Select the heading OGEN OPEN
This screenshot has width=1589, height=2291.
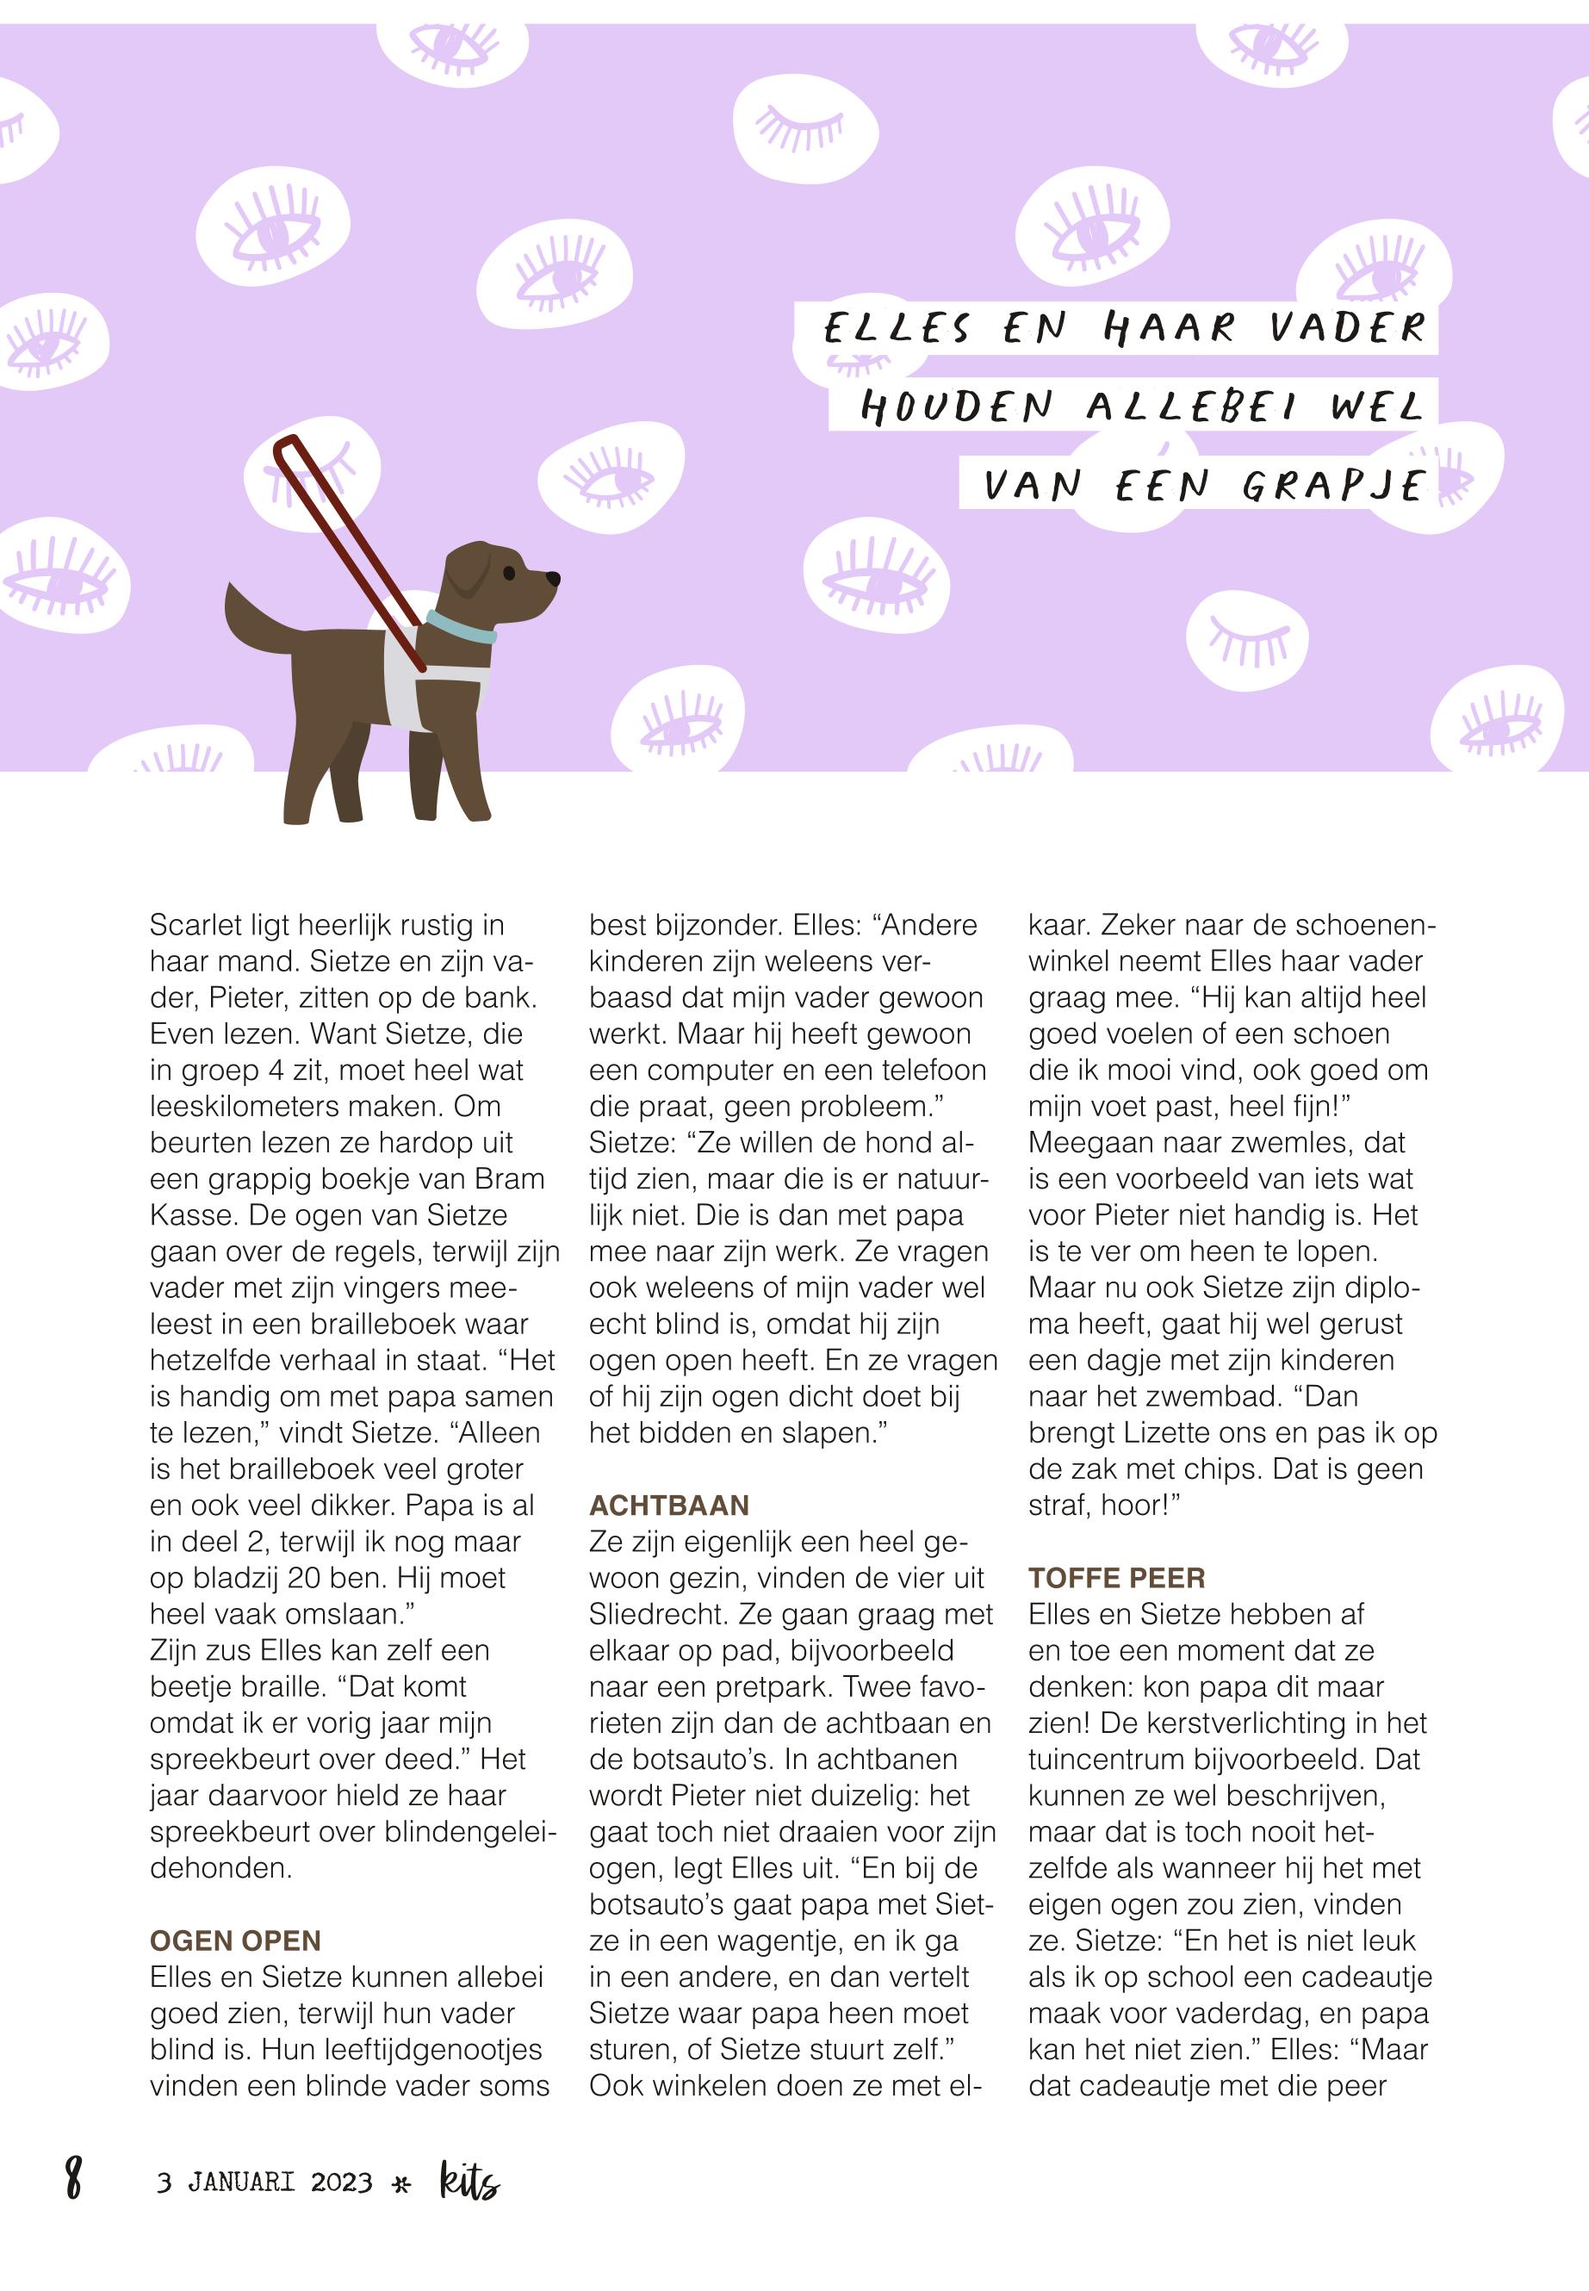click(235, 1940)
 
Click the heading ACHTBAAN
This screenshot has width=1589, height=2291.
click(669, 1506)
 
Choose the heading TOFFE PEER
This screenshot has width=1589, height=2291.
click(1116, 1578)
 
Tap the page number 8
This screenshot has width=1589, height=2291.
click(72, 2176)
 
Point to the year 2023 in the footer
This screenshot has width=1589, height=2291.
click(342, 2183)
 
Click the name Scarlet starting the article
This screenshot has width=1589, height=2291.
click(196, 926)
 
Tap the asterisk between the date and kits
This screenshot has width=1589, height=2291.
click(402, 2185)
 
